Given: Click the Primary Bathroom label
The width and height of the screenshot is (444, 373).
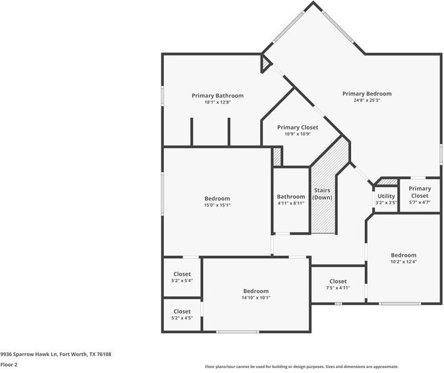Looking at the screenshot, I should pos(217,95).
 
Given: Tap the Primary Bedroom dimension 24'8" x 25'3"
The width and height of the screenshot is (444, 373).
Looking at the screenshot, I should pos(367,100).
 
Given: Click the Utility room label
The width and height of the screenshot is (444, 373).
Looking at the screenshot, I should pos(386,196).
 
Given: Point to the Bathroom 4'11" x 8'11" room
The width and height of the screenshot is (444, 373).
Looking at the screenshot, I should pos(291,200).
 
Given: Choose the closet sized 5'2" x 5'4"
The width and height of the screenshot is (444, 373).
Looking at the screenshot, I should pos(182,277).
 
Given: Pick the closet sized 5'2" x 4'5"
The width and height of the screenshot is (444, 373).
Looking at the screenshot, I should pos(182,314).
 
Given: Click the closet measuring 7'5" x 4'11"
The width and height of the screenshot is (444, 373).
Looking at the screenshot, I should pos(338,284).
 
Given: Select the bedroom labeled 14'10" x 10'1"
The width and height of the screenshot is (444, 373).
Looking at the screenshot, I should pos(256,294).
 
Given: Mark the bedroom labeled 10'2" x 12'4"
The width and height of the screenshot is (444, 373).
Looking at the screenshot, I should pos(403,258).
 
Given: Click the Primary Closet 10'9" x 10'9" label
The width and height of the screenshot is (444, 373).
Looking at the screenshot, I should pos(297,130).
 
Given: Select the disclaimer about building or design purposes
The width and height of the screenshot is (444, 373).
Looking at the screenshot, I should pos(302,367).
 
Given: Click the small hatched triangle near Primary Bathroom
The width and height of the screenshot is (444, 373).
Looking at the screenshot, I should pos(266,61).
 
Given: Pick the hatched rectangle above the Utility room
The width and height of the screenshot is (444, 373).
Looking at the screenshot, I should pos(388,182).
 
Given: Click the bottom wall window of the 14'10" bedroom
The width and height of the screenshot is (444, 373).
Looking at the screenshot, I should pos(238,331).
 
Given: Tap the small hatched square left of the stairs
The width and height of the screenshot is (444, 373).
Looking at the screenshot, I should pos(277,157).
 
